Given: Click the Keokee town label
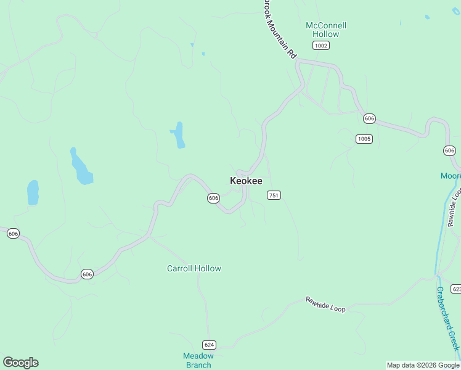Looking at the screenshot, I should [246, 181].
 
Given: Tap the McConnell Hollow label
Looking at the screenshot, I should [326, 30].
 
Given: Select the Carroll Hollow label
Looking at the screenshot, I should [194, 268].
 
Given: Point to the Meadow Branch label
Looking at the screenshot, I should [198, 360].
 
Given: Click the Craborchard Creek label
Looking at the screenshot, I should [448, 318].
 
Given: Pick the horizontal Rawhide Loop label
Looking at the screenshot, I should [325, 304].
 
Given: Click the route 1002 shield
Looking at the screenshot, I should [320, 46].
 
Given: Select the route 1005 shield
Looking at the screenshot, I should [364, 139].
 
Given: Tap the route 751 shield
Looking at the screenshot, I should [274, 195].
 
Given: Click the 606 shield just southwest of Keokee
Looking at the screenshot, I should [213, 198].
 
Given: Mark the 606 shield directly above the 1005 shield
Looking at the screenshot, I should [369, 118].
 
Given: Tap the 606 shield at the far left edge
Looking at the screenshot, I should [13, 233].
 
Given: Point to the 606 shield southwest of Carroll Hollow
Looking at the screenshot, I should [87, 274].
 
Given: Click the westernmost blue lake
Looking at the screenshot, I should [33, 192].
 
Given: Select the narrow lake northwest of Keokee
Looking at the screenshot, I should [179, 135].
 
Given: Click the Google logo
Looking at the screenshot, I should [20, 363].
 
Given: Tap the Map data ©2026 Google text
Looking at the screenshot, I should [423, 366].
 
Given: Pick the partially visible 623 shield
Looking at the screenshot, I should [456, 289].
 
